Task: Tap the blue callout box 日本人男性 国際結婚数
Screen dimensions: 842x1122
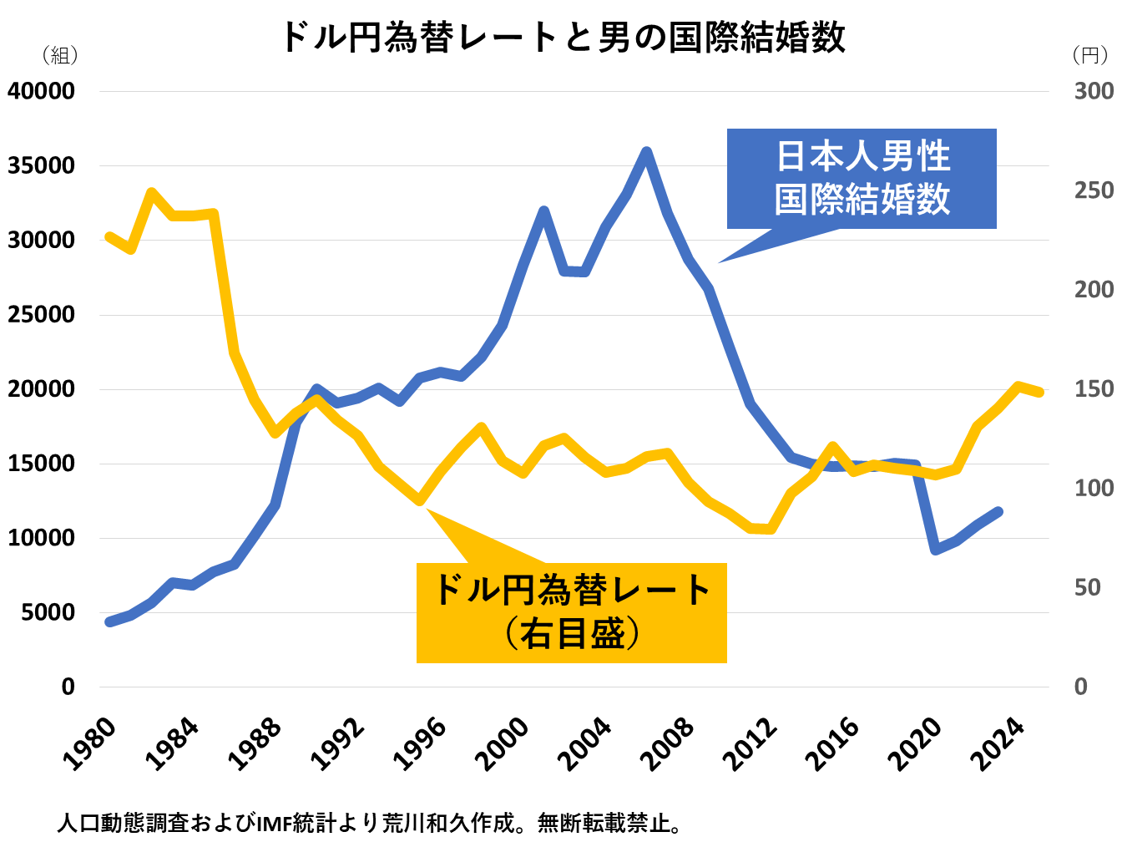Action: click(862, 179)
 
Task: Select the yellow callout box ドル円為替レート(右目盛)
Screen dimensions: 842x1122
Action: click(572, 612)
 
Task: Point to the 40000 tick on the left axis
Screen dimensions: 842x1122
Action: click(42, 91)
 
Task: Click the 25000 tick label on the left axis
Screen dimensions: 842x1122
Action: click(42, 315)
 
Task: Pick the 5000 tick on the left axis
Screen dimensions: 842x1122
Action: click(48, 612)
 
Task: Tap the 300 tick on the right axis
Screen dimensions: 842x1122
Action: click(1094, 91)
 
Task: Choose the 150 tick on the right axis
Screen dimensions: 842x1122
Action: click(1094, 389)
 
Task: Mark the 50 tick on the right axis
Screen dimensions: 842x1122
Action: click(1087, 588)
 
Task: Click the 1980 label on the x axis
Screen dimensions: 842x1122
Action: click(91, 743)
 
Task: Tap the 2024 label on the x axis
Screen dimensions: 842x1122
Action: click(999, 743)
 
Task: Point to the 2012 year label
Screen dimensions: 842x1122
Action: click(751, 743)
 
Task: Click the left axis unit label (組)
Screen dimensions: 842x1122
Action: click(59, 56)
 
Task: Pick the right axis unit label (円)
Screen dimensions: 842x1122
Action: click(1090, 56)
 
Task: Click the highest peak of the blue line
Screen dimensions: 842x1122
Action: click(646, 152)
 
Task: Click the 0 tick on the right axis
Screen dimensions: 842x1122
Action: click(1081, 687)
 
